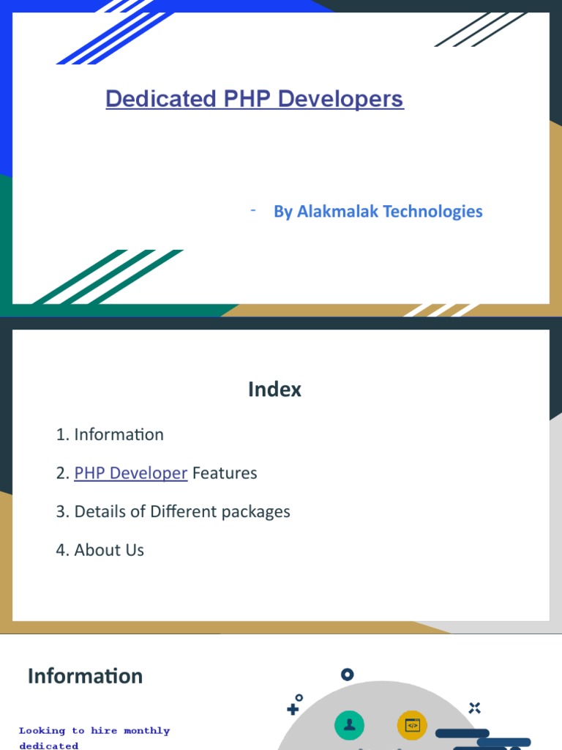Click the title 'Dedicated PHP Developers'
[x=254, y=99]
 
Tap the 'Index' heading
[x=274, y=390]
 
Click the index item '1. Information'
[x=110, y=434]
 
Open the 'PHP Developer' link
[x=131, y=473]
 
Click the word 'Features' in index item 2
[x=225, y=473]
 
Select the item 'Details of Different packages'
[x=182, y=511]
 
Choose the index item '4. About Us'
[x=100, y=550]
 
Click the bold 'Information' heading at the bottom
[x=85, y=676]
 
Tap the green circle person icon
[x=350, y=725]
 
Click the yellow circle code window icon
[x=412, y=725]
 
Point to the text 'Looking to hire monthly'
[x=94, y=731]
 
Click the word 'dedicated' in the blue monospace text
[x=49, y=746]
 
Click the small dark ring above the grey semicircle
[x=348, y=675]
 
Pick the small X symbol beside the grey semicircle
[x=475, y=708]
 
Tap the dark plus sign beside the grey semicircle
[x=293, y=709]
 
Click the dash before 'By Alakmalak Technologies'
[x=252, y=211]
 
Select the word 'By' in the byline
[x=283, y=212]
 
